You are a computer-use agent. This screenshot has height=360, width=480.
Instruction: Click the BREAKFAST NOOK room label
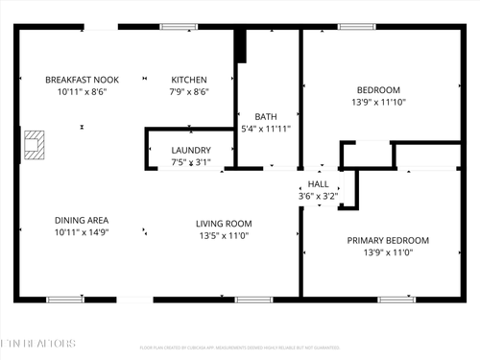point(82,80)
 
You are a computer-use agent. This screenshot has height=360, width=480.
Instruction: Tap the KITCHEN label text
point(189,80)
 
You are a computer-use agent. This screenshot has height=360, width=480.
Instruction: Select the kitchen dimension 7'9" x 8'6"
point(189,92)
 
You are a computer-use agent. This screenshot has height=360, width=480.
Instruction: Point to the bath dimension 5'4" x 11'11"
point(266,128)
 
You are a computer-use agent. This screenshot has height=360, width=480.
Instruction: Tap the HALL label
point(318,183)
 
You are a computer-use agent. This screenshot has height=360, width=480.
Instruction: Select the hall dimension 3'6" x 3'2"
point(318,196)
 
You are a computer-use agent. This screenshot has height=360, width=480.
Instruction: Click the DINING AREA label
point(82,220)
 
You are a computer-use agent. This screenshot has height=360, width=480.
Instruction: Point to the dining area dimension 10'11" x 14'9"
point(82,232)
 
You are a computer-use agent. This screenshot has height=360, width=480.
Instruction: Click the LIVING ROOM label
point(225,223)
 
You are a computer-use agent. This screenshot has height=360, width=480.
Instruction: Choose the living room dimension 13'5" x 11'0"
point(225,235)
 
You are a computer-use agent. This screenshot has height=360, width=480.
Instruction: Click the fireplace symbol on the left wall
point(34,144)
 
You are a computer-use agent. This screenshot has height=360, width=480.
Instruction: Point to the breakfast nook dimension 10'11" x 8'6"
point(82,92)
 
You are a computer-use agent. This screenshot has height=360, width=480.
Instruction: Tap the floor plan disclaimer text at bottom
point(239,348)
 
